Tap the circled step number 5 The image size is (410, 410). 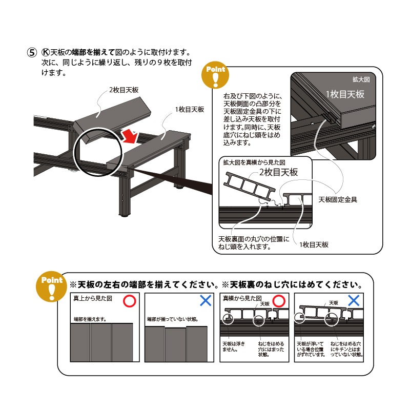click(x=32, y=52)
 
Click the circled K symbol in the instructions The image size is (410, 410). click(x=46, y=52)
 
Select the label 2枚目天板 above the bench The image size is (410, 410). click(x=124, y=90)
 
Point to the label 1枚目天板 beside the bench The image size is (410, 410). click(x=190, y=110)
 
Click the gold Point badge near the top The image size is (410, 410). click(x=215, y=75)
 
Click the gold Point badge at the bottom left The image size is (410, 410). click(x=52, y=286)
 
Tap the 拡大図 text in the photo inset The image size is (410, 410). click(x=361, y=79)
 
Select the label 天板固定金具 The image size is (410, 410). click(x=338, y=200)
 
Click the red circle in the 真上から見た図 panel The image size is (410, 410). click(x=130, y=301)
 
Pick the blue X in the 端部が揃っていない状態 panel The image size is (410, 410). click(x=206, y=301)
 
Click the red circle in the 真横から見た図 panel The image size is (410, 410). click(x=279, y=301)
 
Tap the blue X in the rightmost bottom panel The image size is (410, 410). click(x=354, y=300)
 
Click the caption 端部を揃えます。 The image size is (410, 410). click(x=90, y=319)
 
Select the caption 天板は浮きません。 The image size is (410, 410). click(x=234, y=346)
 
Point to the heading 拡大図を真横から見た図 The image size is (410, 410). click(x=254, y=162)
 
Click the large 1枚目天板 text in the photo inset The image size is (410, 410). click(x=345, y=94)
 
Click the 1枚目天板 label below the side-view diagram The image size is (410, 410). click(x=314, y=245)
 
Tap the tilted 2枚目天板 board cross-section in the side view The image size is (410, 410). click(x=249, y=186)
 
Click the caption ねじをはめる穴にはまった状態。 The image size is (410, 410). click(x=271, y=350)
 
